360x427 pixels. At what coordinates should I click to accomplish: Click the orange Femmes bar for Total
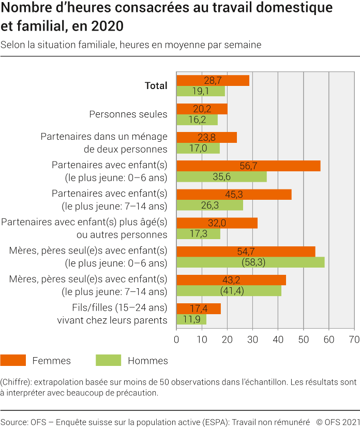[213, 81]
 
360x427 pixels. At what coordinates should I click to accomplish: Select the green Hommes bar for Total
[201, 91]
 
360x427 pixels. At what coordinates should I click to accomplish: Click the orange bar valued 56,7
[248, 166]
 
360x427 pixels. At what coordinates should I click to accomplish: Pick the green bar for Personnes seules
[197, 120]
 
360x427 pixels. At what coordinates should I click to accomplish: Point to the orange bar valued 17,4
[199, 308]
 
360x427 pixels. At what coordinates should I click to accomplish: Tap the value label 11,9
[191, 320]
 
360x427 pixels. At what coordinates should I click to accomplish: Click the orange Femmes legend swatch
[13, 360]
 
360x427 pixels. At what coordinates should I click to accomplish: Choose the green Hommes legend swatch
[108, 360]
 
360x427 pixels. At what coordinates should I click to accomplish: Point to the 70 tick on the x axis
[354, 340]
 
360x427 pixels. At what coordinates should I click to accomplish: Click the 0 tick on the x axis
[177, 340]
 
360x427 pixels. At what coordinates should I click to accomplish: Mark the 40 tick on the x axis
[278, 340]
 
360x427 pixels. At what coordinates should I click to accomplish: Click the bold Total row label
[156, 86]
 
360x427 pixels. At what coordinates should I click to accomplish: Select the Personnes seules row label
[128, 114]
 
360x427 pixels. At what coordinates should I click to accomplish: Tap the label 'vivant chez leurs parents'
[112, 320]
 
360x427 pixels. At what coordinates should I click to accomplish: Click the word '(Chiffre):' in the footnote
[18, 382]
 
